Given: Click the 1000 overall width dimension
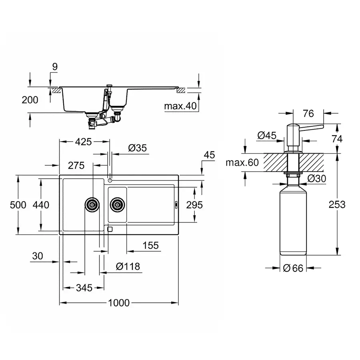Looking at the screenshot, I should (x=119, y=303).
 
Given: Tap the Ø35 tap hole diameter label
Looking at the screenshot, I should (x=138, y=148).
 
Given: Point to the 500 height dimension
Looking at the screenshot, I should (x=18, y=205).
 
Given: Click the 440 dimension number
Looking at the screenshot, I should (x=41, y=205).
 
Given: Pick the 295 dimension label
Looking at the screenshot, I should (x=195, y=204).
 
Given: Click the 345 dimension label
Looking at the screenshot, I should (x=84, y=288).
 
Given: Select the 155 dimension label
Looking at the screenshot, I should (x=150, y=245).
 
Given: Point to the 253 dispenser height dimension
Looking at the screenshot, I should (x=337, y=204).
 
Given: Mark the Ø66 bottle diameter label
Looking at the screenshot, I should (x=293, y=268).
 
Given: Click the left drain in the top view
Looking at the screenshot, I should (x=92, y=205).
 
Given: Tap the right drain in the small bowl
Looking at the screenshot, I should (x=117, y=205).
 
